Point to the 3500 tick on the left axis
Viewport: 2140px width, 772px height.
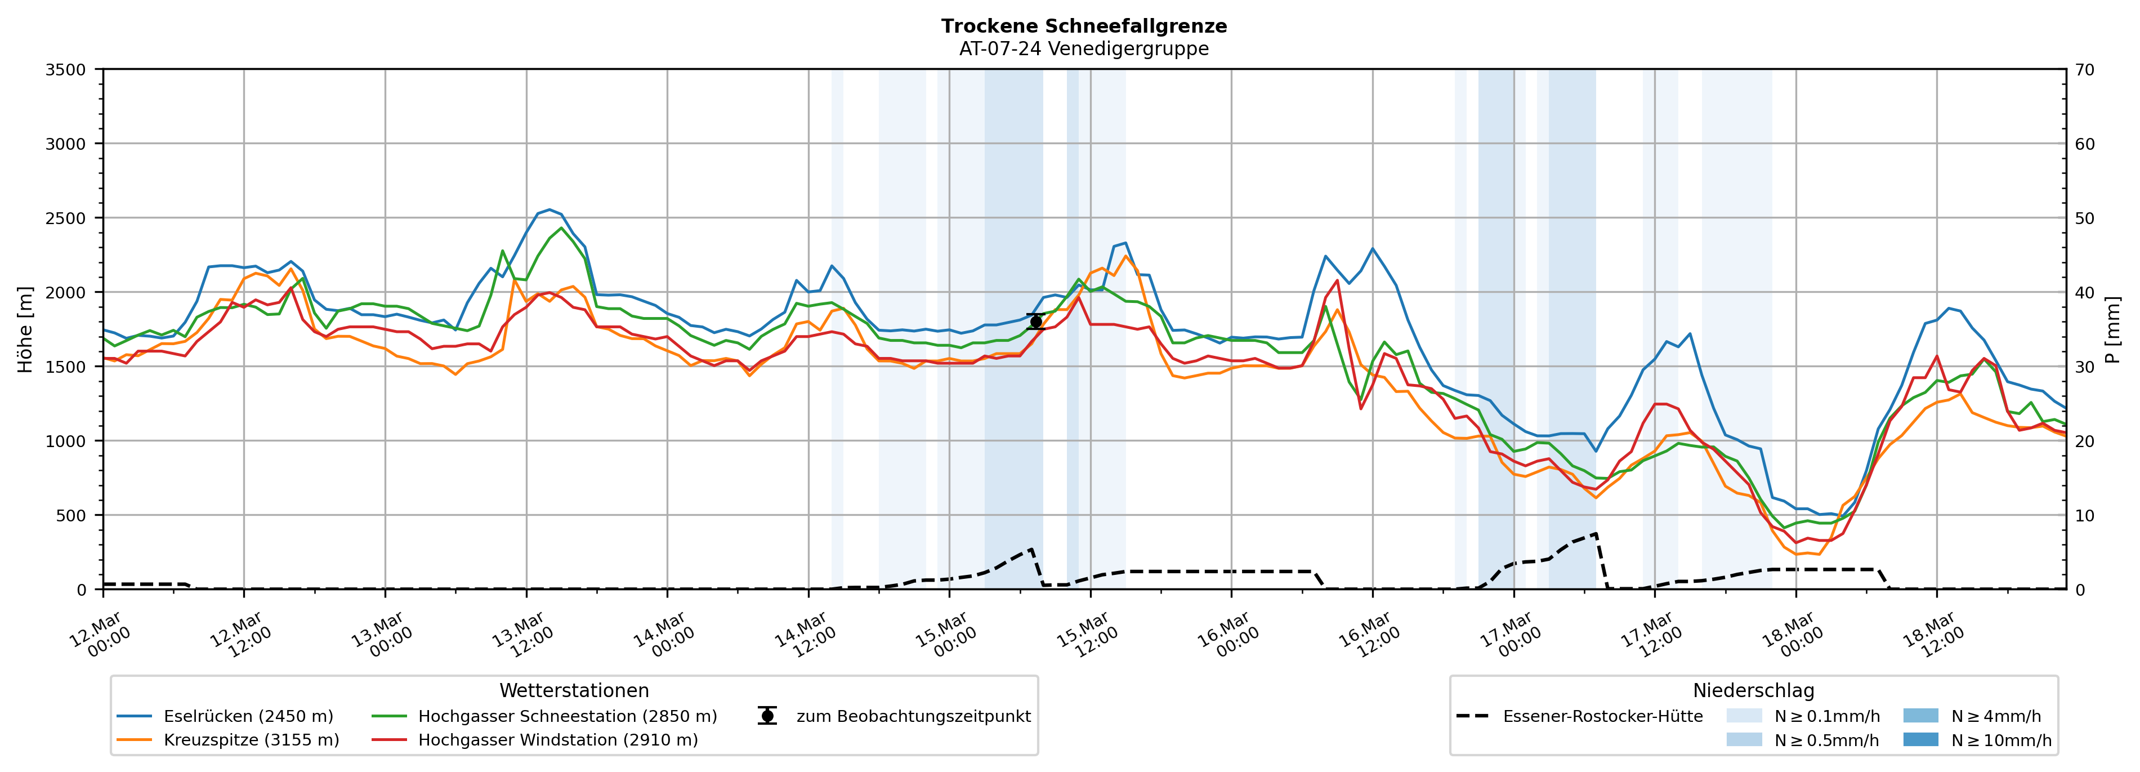[66, 70]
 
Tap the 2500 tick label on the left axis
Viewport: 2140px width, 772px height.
[66, 218]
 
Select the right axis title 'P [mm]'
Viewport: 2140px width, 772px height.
[2114, 330]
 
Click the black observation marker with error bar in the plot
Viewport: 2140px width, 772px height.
[1035, 322]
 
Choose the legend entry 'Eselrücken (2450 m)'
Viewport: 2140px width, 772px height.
[248, 716]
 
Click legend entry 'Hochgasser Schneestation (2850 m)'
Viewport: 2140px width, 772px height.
[566, 716]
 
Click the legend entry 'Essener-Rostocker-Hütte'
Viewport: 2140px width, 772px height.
[1602, 716]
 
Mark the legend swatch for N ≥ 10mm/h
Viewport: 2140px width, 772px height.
[1920, 739]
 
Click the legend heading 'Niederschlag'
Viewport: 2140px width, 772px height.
[1753, 690]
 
